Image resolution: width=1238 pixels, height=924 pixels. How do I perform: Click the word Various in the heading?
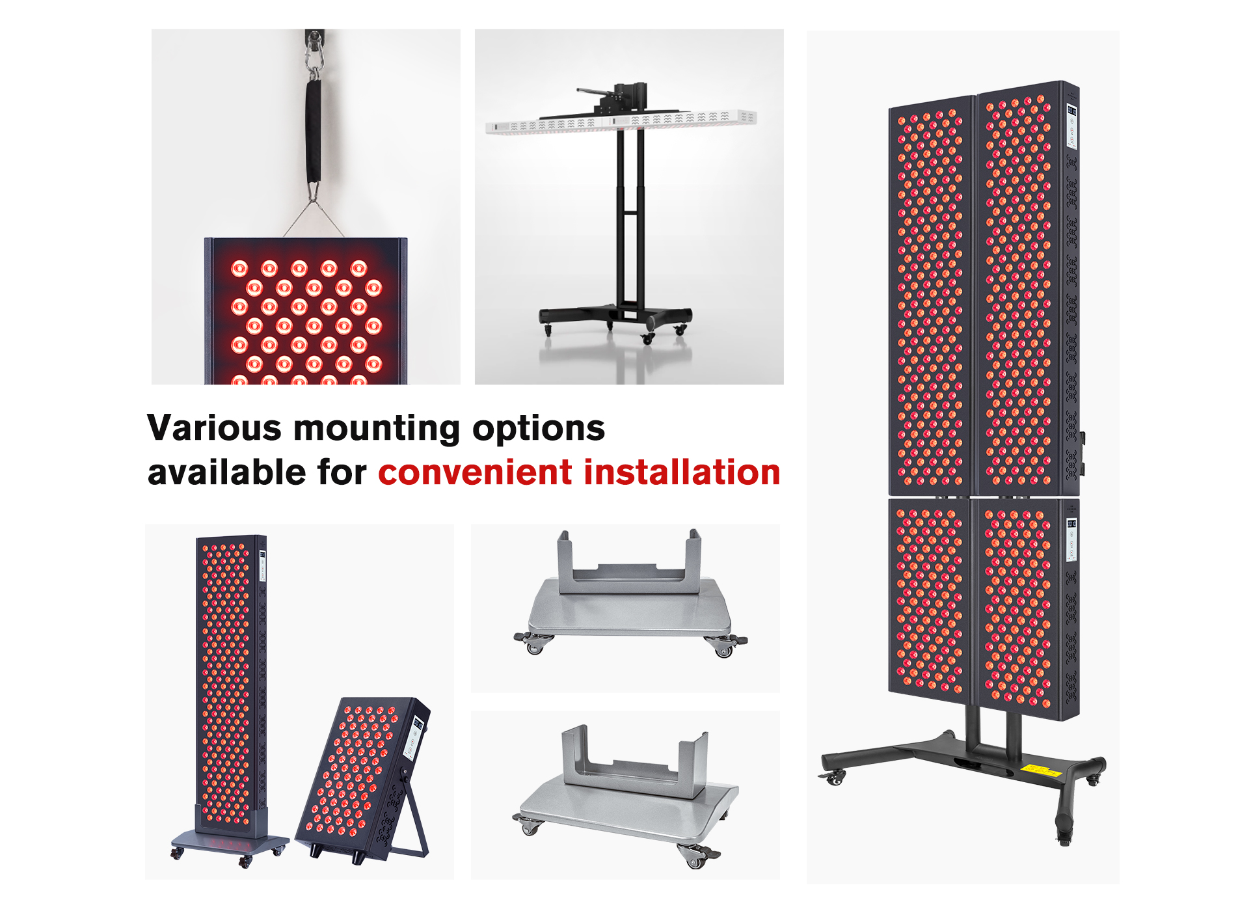(x=215, y=428)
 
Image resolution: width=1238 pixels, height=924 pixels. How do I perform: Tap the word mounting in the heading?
(x=377, y=429)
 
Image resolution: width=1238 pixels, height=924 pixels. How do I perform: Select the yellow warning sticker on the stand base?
(x=1041, y=771)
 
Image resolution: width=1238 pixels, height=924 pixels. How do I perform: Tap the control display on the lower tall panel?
(x=1071, y=541)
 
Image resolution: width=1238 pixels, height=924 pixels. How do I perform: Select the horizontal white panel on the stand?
(x=621, y=121)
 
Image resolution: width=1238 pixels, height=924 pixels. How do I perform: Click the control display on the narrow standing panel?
(x=262, y=565)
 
